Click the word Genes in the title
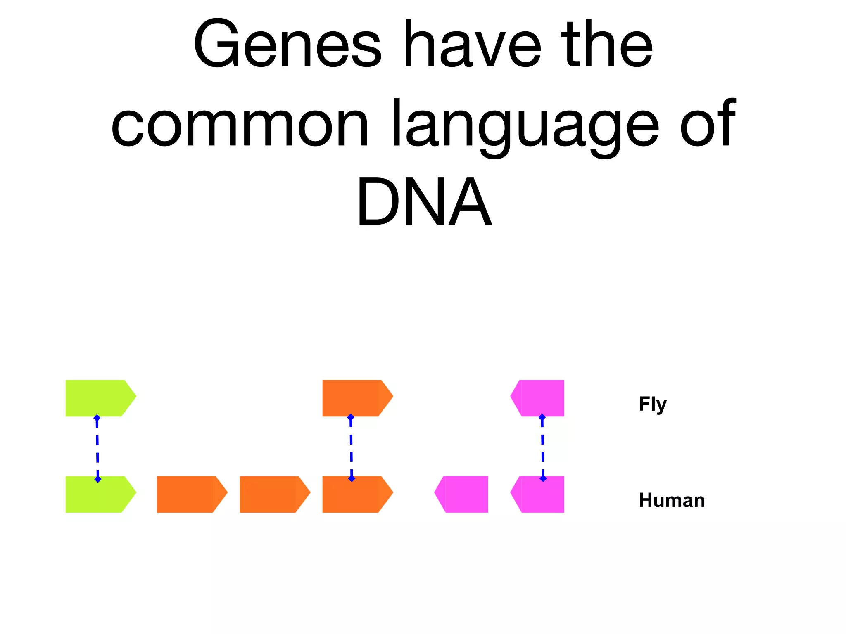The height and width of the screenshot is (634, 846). point(287,45)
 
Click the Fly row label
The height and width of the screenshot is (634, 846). point(653,404)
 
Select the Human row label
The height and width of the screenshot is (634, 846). point(672,500)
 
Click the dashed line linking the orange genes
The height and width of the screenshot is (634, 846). point(351,448)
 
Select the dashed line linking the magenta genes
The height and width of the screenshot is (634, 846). point(543,448)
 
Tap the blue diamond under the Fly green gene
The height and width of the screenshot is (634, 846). point(97,418)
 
